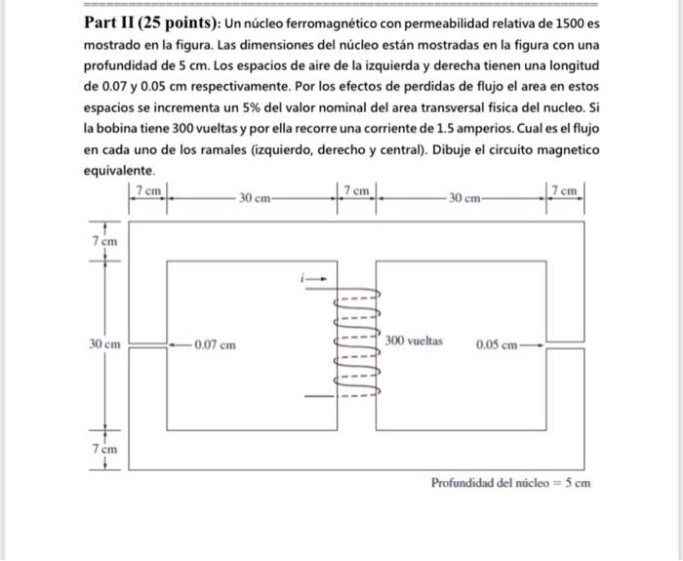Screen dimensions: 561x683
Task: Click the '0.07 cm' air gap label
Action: coord(214,344)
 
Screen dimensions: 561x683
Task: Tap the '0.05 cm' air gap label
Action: coord(497,344)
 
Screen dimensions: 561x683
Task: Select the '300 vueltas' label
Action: coord(414,341)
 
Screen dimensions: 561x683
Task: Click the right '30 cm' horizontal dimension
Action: coord(463,198)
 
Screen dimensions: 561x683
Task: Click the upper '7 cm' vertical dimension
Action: coord(105,240)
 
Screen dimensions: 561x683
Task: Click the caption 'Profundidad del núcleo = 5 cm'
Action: coord(510,483)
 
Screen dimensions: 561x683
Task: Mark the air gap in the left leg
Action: coord(148,345)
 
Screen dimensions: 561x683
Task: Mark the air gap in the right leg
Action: coord(565,345)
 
